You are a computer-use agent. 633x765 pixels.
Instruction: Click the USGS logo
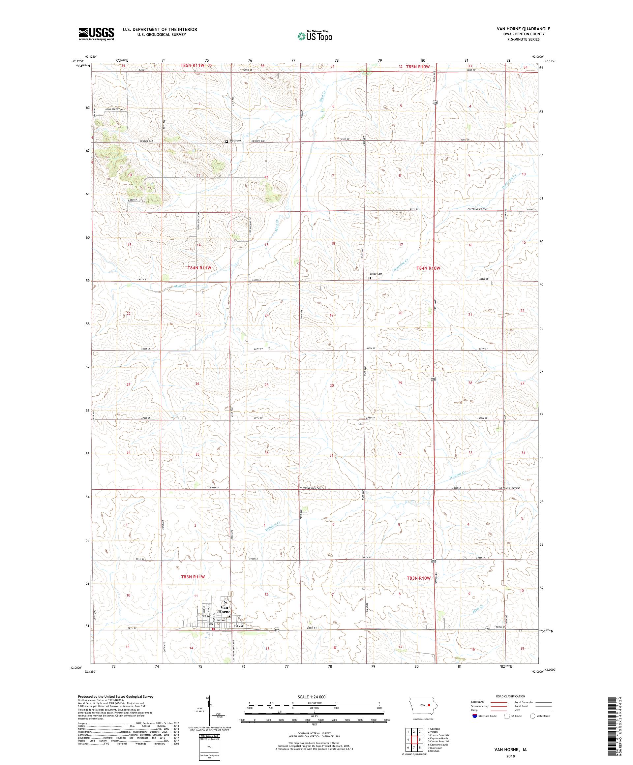pos(97,34)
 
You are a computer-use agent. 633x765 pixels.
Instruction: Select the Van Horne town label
pos(225,609)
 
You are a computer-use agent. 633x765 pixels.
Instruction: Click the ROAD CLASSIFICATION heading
pos(510,696)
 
